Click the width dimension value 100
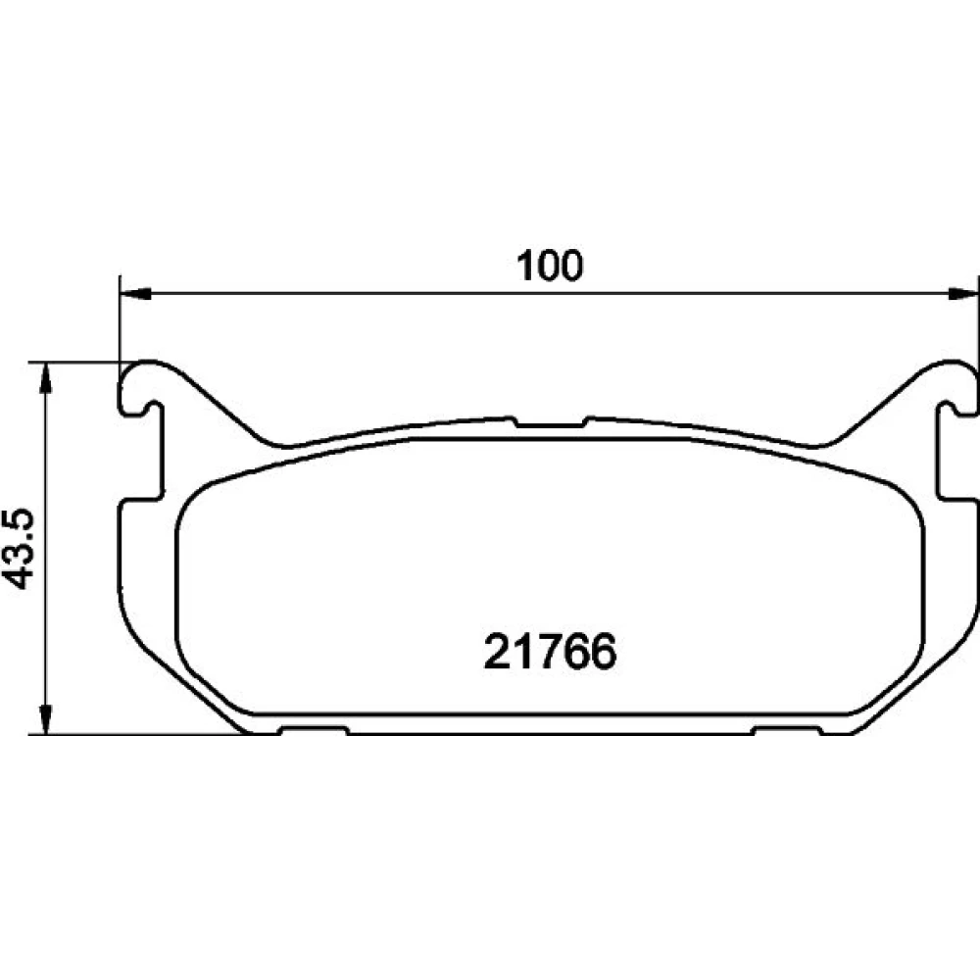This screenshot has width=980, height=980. (550, 266)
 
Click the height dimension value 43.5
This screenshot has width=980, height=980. (20, 550)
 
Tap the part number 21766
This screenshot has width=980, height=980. (550, 652)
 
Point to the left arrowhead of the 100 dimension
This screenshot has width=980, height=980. (135, 294)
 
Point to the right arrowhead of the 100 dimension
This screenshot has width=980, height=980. (962, 294)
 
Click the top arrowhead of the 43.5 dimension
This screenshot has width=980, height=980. (45, 378)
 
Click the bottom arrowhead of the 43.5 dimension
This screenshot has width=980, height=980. (45, 718)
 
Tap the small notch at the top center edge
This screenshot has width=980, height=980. (551, 422)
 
